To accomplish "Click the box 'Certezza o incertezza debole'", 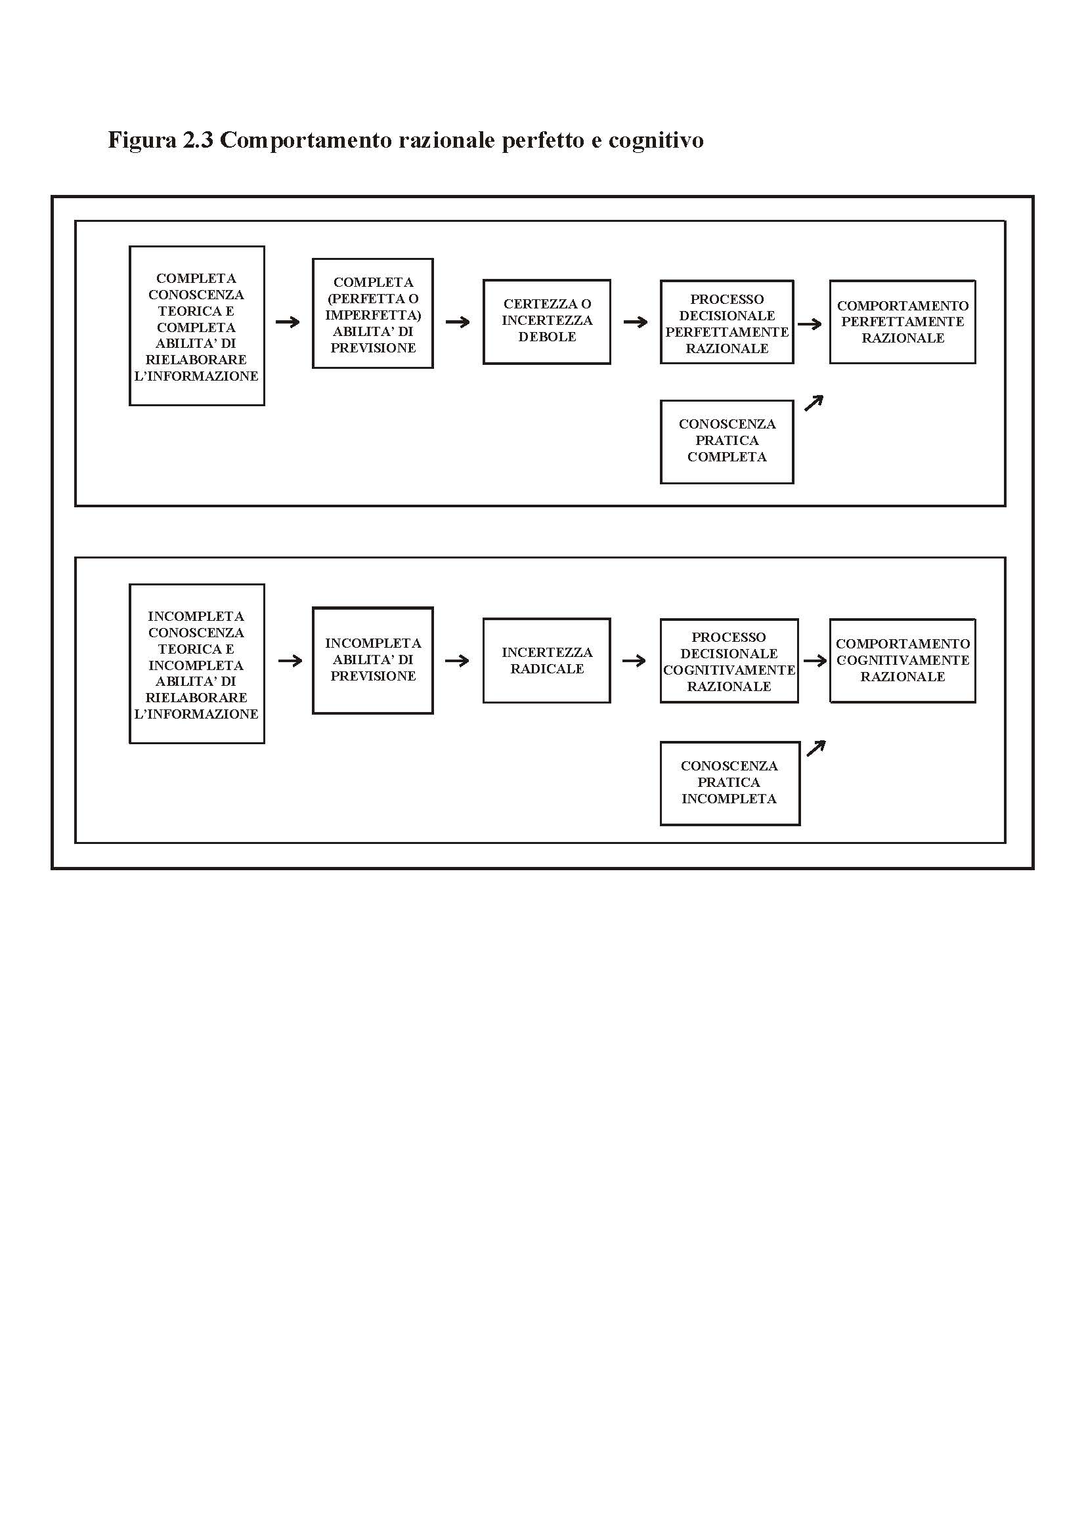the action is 547,322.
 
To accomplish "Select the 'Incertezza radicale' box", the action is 547,661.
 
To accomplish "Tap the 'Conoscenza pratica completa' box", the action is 727,441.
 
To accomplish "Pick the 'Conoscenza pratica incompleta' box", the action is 729,783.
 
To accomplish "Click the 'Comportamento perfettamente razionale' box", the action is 903,322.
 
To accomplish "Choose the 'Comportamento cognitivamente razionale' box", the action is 903,661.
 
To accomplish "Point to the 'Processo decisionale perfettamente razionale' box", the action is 727,322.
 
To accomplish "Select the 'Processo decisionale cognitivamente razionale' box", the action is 729,661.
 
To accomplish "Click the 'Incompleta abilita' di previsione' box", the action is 372,661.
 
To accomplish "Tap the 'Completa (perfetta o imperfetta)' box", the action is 372,314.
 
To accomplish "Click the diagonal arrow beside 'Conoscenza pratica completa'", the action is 813,403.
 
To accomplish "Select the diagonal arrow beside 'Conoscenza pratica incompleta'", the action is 816,748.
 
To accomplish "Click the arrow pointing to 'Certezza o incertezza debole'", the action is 458,322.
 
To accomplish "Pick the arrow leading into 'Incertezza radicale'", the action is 458,662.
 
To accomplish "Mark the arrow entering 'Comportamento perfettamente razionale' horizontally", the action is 810,324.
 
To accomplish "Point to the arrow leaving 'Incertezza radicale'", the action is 634,662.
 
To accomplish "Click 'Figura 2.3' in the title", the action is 160,140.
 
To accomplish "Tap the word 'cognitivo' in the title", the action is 656,141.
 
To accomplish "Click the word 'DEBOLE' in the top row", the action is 547,337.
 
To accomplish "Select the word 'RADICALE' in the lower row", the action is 547,669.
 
